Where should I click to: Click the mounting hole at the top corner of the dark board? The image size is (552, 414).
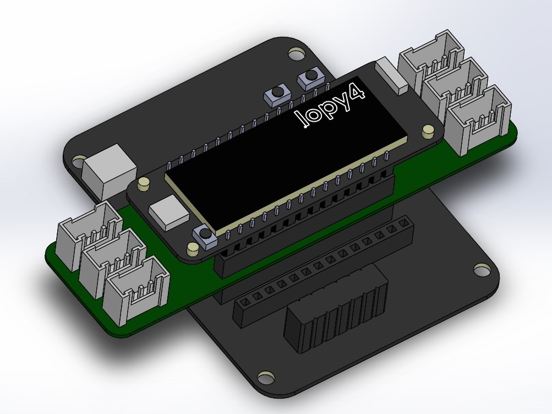297,53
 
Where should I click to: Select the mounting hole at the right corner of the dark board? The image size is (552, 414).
482,270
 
